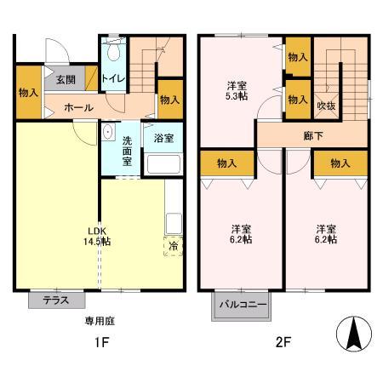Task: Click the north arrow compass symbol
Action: point(354,334)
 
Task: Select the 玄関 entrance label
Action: point(66,80)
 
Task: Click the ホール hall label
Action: point(78,107)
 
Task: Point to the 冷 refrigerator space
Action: point(173,246)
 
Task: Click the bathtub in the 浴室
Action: point(163,164)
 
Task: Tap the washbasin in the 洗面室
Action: point(108,132)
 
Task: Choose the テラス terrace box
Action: point(57,300)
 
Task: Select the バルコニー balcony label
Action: point(243,305)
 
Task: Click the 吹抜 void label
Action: point(326,106)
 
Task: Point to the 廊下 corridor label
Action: point(313,136)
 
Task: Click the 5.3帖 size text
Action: point(237,96)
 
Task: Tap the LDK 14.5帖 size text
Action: point(97,236)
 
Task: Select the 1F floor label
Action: point(101,343)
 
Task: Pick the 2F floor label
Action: point(283,342)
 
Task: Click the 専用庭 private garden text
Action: point(100,321)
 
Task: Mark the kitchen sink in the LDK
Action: point(174,223)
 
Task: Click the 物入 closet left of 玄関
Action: point(29,92)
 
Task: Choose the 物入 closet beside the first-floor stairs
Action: point(170,100)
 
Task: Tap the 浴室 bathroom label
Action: point(163,138)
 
